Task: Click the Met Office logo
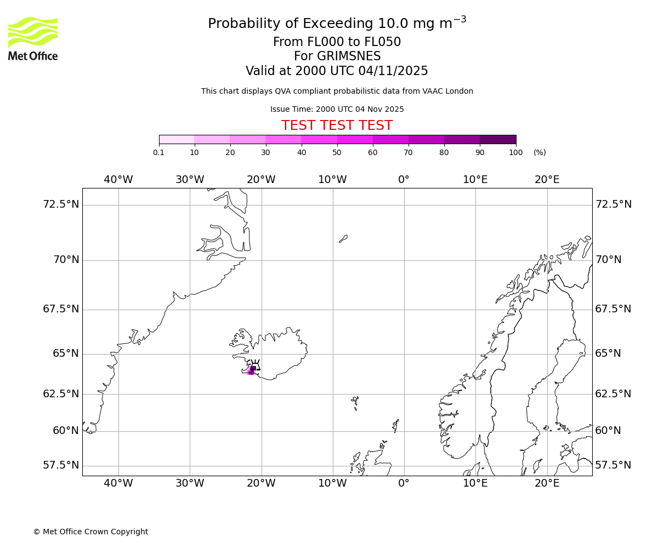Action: point(33,38)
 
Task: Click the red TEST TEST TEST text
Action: point(337,125)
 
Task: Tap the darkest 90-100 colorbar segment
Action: point(497,139)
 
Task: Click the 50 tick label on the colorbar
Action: point(337,152)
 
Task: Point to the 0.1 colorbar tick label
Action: point(158,152)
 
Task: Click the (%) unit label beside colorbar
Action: point(540,152)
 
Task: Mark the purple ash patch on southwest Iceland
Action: point(252,370)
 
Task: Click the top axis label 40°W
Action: point(118,180)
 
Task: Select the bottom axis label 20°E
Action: point(547,483)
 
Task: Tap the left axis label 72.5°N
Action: point(61,204)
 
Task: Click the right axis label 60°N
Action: point(608,431)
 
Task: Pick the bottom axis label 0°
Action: point(404,483)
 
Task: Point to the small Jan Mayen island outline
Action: point(343,238)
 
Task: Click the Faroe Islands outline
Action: point(355,403)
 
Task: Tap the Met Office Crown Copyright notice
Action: point(90,532)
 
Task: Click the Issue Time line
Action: point(337,109)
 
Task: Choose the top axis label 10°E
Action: point(475,180)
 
